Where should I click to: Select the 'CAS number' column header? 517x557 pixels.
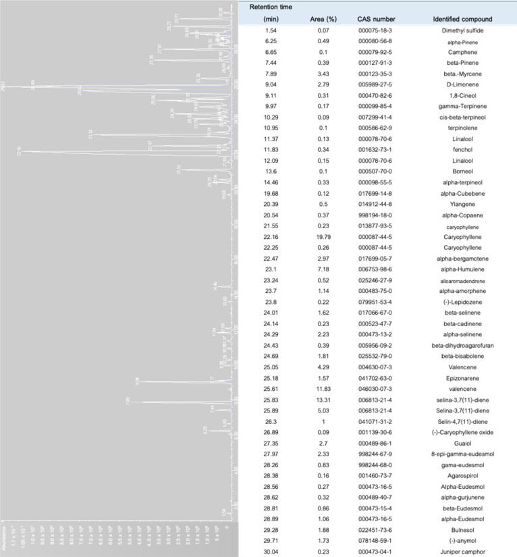(x=372, y=19)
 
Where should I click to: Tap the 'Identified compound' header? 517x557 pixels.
(x=462, y=19)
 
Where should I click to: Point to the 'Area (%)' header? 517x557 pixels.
(x=311, y=19)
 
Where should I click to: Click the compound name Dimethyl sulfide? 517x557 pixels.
(x=462, y=31)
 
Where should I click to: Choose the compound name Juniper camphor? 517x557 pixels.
(x=462, y=551)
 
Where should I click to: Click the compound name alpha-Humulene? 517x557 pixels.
(x=462, y=271)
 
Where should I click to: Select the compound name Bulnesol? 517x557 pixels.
(x=462, y=529)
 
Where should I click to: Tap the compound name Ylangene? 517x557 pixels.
(x=462, y=205)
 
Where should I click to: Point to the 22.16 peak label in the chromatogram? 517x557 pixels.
(x=19, y=149)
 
